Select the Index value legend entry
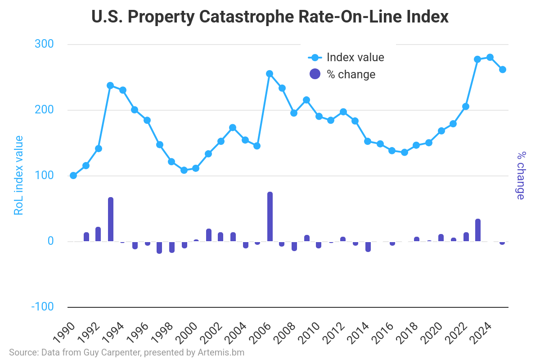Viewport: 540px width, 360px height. [346, 58]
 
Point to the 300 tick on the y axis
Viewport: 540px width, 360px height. [44, 44]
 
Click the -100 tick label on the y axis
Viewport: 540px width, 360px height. [42, 307]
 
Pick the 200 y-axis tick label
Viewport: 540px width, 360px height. [44, 110]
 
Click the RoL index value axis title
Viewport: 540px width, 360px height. [18, 175]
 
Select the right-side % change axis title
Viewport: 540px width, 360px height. [521, 175]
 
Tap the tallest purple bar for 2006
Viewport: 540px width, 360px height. [270, 217]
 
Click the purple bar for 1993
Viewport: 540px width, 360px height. [110, 220]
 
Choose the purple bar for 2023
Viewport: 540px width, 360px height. [478, 230]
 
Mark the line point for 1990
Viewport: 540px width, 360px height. [73, 175]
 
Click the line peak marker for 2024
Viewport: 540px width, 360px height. [490, 57]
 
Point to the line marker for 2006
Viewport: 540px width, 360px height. [270, 74]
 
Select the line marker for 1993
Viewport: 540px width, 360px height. [110, 85]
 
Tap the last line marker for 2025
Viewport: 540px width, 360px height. [503, 69]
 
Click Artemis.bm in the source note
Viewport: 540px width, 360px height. [221, 352]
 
